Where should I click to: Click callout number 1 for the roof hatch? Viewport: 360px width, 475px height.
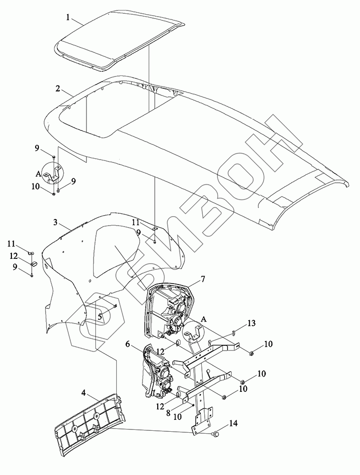click(x=68, y=17)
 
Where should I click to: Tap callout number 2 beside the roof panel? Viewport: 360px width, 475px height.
click(x=57, y=89)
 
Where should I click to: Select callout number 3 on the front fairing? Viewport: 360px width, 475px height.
click(x=55, y=222)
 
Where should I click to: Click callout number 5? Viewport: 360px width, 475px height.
click(x=100, y=318)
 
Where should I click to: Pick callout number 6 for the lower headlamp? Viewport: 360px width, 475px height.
click(x=127, y=344)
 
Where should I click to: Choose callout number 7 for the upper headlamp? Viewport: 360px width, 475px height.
click(x=202, y=279)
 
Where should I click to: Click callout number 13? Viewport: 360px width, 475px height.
click(x=251, y=323)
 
